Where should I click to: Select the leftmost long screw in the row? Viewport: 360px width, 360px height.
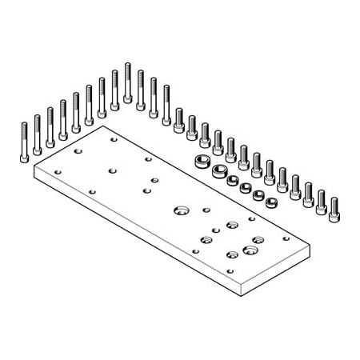pyautogui.click(x=24, y=142)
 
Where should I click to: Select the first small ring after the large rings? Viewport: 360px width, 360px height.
pyautogui.click(x=233, y=180)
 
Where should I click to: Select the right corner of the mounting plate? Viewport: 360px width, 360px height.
pyautogui.click(x=309, y=249)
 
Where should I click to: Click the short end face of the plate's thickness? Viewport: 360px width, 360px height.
pyautogui.click(x=274, y=275)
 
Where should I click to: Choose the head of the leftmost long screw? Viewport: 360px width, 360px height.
pyautogui.click(x=24, y=158)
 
